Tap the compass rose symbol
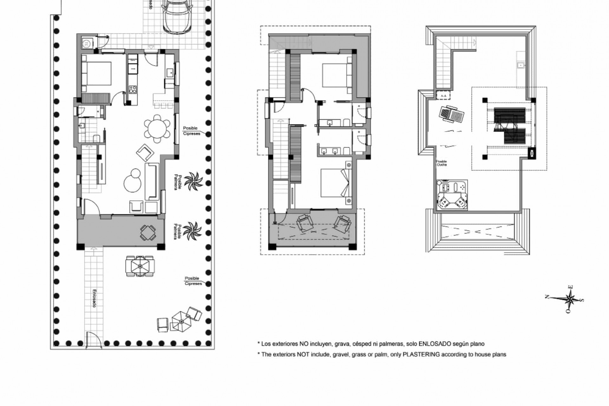[570, 299]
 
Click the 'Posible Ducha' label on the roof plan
[442, 163]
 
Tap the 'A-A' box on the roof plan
[443, 95]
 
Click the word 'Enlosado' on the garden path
[94, 298]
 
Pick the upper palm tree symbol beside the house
[193, 181]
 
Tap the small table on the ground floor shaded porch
[148, 233]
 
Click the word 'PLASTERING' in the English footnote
[421, 355]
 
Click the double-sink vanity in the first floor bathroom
[330, 151]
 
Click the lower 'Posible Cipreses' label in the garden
[193, 281]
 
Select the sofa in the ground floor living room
[152, 181]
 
